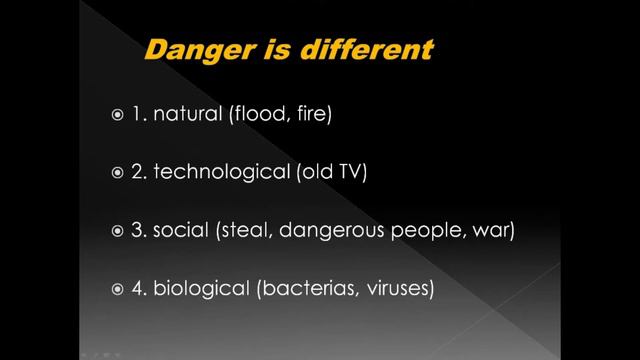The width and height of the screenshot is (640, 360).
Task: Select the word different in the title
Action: pos(374,49)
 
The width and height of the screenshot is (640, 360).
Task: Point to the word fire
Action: pos(308,115)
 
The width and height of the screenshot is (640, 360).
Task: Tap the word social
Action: pos(181,232)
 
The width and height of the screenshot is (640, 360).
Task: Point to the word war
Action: pos(494,232)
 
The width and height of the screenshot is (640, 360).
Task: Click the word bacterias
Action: pos(306,290)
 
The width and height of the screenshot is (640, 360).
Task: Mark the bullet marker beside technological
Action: pos(118,174)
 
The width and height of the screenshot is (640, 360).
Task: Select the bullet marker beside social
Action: pos(118,233)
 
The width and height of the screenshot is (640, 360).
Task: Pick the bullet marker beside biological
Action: pos(118,291)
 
